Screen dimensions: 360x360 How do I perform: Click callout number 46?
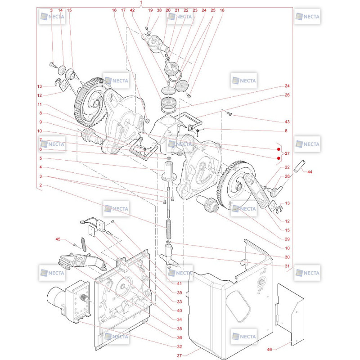tap(269, 350)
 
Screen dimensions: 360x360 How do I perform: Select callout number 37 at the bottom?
tap(179, 355)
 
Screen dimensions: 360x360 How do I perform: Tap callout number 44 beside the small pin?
tap(310, 172)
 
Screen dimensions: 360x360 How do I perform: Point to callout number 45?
tap(58, 239)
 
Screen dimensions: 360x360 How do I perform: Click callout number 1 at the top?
tap(141, 2)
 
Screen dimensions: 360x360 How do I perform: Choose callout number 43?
tap(287, 121)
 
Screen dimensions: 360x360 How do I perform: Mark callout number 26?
tap(287, 95)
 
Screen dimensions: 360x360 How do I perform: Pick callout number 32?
tap(180, 346)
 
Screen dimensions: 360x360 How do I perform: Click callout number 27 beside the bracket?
tap(287, 153)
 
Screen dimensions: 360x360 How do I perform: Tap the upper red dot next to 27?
tap(279, 149)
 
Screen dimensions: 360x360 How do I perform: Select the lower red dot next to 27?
tap(279, 158)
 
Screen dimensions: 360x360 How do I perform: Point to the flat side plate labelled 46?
tap(290, 315)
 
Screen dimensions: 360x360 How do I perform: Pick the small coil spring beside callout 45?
tap(84, 244)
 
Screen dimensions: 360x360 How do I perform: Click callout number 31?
tap(287, 266)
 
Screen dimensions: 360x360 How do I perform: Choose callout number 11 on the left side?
tap(40, 104)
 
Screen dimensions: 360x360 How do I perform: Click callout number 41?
tap(180, 283)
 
